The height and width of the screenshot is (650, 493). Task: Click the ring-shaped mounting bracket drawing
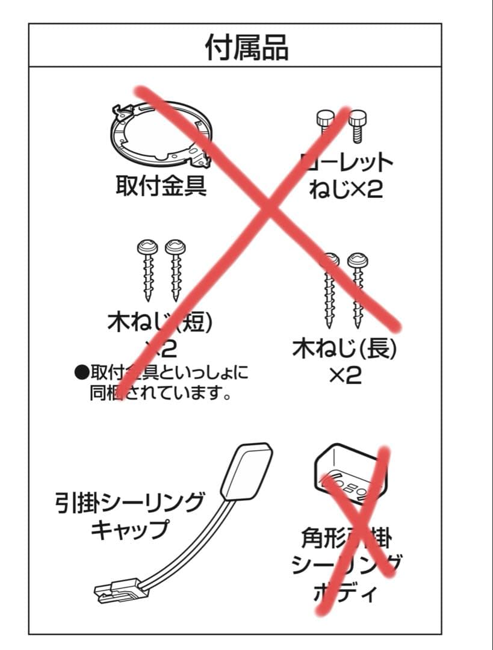[162, 134]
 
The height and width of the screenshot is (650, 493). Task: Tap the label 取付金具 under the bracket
[161, 186]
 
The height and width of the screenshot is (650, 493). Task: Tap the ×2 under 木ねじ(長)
[345, 376]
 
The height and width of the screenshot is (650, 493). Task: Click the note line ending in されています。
[161, 395]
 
